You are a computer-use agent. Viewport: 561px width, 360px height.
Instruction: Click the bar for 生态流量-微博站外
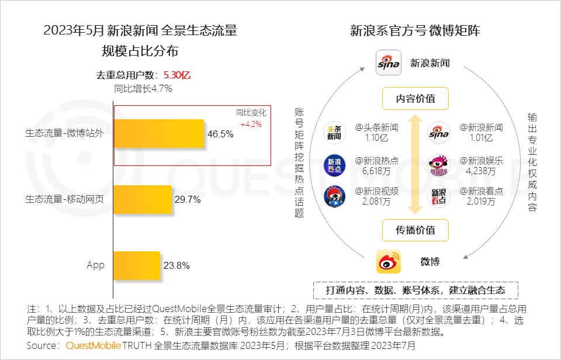click(x=158, y=133)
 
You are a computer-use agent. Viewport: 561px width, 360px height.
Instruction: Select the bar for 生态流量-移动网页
click(x=142, y=199)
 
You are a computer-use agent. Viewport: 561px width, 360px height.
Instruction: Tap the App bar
click(x=136, y=265)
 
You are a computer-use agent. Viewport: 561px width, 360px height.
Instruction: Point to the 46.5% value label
click(x=220, y=134)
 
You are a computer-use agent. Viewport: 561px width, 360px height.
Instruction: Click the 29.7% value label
click(x=188, y=200)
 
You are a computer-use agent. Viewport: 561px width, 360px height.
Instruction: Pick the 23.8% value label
click(x=176, y=266)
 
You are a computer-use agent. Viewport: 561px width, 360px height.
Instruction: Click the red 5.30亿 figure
click(x=177, y=75)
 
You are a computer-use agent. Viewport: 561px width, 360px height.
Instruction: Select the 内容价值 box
click(x=415, y=99)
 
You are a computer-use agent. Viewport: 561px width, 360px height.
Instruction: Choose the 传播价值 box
click(x=415, y=230)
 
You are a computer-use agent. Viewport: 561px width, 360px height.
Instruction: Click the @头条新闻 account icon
click(x=335, y=133)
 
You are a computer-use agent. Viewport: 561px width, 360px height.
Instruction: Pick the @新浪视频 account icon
click(x=335, y=196)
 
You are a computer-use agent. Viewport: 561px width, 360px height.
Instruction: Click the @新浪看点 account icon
click(x=439, y=196)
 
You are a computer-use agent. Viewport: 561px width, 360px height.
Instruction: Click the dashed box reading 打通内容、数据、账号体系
click(x=417, y=290)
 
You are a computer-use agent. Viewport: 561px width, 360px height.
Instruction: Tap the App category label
click(x=95, y=265)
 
